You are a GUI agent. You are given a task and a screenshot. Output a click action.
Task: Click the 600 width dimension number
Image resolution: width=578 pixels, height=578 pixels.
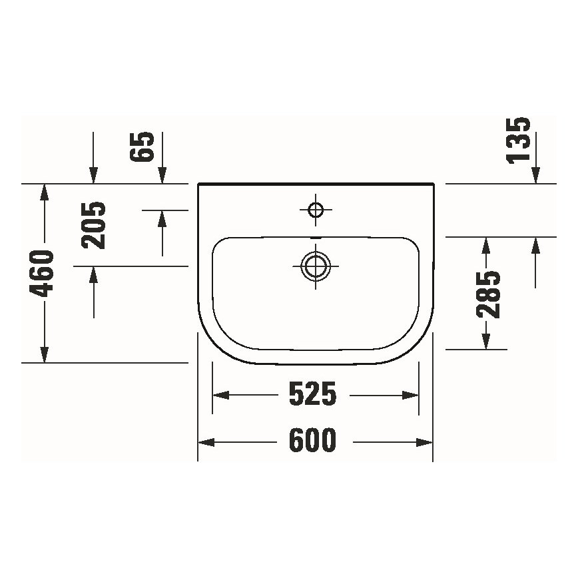[x=313, y=441]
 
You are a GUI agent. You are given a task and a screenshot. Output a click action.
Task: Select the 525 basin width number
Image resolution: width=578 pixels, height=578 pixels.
[x=313, y=395]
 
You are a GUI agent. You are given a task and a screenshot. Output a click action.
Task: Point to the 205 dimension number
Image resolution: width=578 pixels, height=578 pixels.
[x=94, y=224]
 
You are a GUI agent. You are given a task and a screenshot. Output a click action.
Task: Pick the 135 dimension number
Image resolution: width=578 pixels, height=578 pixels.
[x=518, y=139]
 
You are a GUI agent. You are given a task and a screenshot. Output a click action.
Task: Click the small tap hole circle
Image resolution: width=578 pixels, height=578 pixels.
[x=316, y=210]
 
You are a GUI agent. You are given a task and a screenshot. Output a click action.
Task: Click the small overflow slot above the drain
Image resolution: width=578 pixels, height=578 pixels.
[x=316, y=238]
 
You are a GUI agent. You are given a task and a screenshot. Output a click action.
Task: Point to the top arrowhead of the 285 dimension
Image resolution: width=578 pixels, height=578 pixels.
[x=487, y=244]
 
